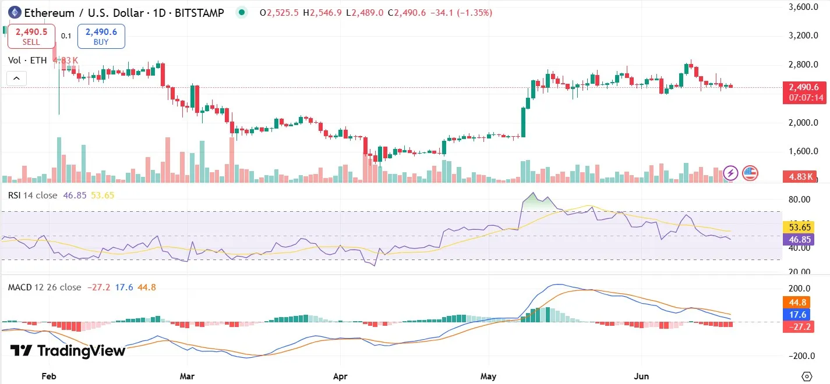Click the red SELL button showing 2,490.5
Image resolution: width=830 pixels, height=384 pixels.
[x=31, y=36]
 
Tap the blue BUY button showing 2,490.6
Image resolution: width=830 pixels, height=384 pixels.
[x=101, y=36]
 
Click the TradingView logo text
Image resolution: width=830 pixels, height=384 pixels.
[x=68, y=351]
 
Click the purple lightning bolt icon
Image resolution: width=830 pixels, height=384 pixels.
[x=730, y=173]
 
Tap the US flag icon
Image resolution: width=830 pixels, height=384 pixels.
[x=750, y=173]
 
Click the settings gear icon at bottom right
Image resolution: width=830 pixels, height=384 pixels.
[x=807, y=376]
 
